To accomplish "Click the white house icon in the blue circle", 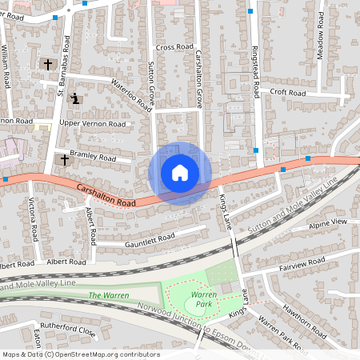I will click(x=180, y=173).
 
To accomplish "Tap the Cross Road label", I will click(x=175, y=48).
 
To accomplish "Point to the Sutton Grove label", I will click(x=150, y=82).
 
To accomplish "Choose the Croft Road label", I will click(x=288, y=93).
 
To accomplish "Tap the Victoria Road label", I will click(x=33, y=218).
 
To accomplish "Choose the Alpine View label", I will click(x=328, y=222).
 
